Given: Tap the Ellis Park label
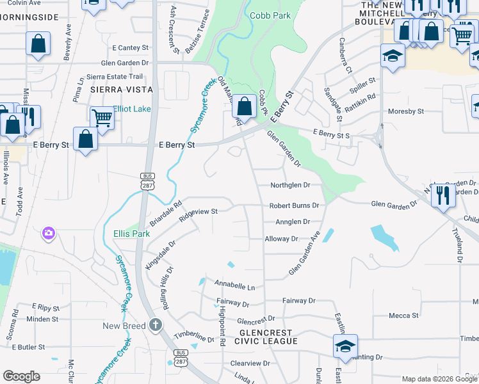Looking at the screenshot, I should click(131, 234).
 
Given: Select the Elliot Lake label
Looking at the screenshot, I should click(132, 109).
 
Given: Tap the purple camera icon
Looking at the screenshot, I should click(49, 233).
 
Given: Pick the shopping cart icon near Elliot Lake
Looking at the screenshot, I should click(102, 118).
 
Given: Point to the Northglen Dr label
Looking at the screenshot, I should click(289, 184).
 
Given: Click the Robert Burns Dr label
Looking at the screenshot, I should click(294, 205).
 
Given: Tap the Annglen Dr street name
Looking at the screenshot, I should click(292, 221).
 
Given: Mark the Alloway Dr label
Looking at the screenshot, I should click(282, 239).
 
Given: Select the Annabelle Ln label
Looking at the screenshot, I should click(234, 286).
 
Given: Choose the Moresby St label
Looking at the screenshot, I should click(406, 111).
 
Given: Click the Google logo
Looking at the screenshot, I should click(21, 376).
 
